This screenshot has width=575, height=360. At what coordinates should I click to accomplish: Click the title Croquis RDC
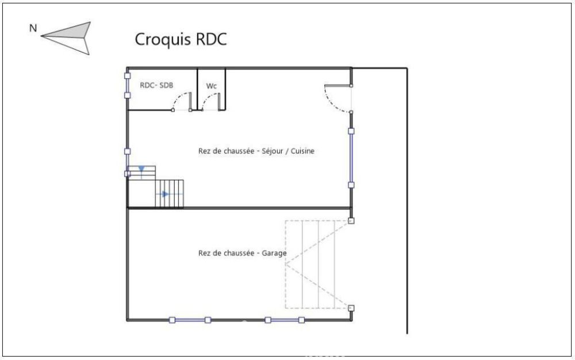click(x=181, y=39)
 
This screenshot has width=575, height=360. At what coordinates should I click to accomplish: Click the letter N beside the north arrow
click(x=33, y=28)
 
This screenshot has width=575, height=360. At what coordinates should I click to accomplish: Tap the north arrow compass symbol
click(x=66, y=37)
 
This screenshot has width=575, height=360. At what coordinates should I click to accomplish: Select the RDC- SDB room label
click(x=156, y=86)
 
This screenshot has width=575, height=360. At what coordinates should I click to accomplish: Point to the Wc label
click(x=211, y=86)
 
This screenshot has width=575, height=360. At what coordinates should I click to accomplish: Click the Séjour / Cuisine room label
click(x=256, y=151)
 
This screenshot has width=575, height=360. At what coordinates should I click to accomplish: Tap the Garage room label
click(x=243, y=253)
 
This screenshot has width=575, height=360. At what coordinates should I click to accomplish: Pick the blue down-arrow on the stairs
click(x=141, y=169)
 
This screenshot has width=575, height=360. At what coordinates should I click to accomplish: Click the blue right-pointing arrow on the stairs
click(x=166, y=194)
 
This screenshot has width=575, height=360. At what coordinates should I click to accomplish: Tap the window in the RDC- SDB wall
click(x=127, y=86)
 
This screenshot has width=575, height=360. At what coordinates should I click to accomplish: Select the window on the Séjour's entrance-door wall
click(x=351, y=158)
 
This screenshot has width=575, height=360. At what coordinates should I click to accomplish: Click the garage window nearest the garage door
click(x=285, y=320)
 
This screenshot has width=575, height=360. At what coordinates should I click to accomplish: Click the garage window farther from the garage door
click(x=190, y=320)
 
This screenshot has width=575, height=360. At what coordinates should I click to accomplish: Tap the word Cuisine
click(x=302, y=151)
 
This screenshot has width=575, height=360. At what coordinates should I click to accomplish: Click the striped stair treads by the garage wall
click(x=169, y=194)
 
